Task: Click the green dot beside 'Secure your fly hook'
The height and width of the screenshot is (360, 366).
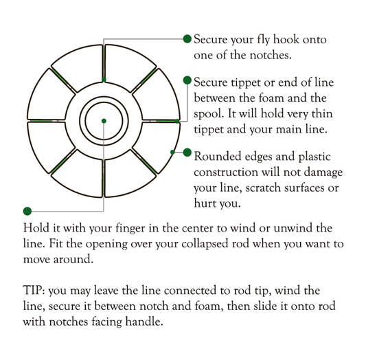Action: click(x=187, y=39)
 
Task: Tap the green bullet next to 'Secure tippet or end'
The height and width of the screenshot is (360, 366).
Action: click(x=187, y=80)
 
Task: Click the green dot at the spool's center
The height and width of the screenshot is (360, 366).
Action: click(x=103, y=121)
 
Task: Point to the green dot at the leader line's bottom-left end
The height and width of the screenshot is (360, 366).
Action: click(x=27, y=210)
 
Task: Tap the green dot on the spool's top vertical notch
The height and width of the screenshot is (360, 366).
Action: click(x=103, y=80)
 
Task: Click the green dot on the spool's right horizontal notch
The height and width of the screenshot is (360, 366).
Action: click(x=177, y=122)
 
